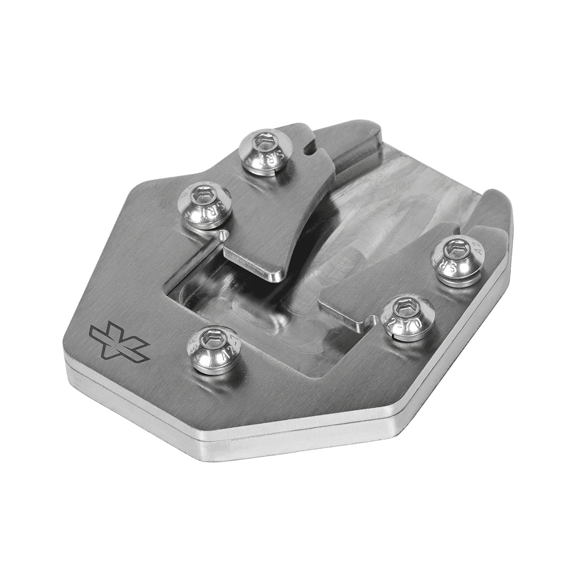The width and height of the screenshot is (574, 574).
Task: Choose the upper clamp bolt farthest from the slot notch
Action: pyautogui.click(x=204, y=205)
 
